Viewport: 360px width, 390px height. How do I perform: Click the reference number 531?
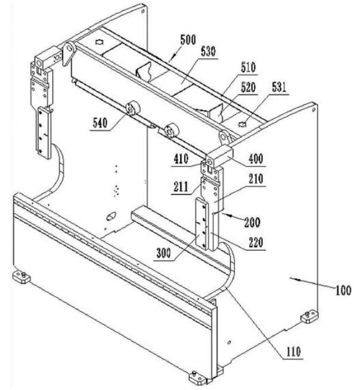(278, 87)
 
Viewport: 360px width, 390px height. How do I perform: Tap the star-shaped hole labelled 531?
(243, 124)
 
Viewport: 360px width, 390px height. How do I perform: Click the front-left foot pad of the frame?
(21, 278)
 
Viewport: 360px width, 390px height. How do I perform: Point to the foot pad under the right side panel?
(309, 317)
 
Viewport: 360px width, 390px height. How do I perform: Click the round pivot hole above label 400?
(225, 138)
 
